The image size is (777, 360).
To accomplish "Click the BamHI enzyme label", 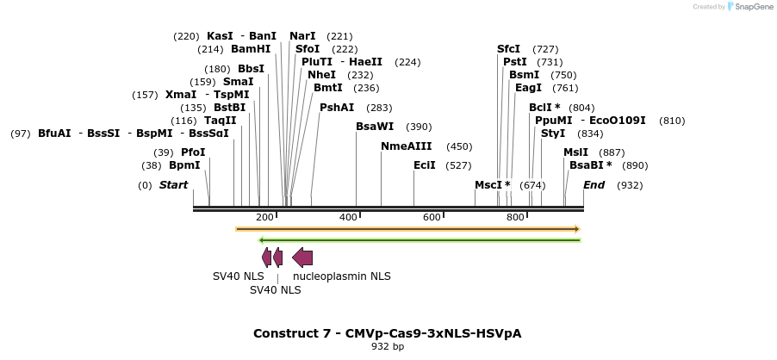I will pos(250,49).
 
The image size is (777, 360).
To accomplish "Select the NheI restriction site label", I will pos(321,75).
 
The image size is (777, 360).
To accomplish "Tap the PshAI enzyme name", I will pos(337,108).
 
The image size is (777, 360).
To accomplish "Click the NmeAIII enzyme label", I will pos(407,146).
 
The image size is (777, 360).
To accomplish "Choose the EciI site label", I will pos(425,165).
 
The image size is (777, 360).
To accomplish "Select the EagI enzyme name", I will pos(528,88).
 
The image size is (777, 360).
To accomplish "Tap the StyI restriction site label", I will pos(553,133).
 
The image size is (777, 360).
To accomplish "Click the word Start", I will pos(173,185).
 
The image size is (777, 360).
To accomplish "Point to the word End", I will pos(594,185).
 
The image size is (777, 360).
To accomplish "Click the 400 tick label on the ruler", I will pos(348,217).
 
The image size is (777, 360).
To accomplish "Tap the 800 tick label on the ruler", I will pos(515,217).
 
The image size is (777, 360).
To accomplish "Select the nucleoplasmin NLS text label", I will pos(342,276).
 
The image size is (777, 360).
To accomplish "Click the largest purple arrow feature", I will pos(302,257).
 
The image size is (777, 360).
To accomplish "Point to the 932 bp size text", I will pos(387,346).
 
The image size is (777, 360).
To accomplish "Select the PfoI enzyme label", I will pos(193,152).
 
